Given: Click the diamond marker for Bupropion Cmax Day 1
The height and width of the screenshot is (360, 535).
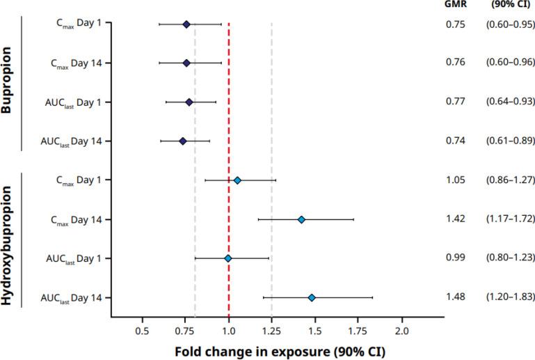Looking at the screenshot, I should coord(186,24).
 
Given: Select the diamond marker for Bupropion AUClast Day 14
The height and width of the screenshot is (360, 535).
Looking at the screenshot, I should coord(183,141).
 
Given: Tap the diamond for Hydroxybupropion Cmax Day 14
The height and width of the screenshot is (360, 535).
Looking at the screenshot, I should coord(301,219).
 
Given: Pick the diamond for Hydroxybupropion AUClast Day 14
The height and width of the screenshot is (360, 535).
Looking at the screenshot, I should coord(312,297).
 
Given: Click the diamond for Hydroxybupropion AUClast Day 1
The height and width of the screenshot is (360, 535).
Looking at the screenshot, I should coord(227,258).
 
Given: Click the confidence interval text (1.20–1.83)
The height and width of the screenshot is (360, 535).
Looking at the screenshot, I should coord(510,297).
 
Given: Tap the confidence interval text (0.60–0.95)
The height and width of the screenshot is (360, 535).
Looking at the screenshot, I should coord(510,24).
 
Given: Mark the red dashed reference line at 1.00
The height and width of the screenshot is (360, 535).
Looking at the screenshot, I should coord(229,167).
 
